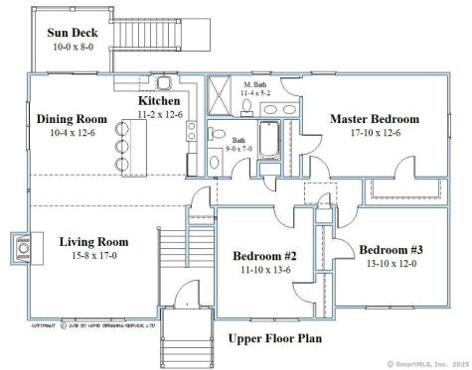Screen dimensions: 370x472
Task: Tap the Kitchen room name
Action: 158,100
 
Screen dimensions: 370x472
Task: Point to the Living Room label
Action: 93,241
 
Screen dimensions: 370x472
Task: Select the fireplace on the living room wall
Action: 22,244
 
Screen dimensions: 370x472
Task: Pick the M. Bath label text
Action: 256,84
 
